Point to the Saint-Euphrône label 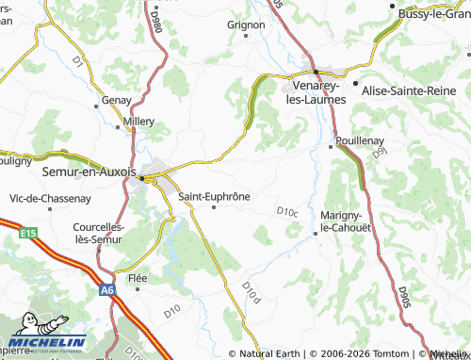click(x=214, y=196)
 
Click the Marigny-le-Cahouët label click(x=348, y=221)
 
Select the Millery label click(x=138, y=123)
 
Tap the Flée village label click(x=138, y=278)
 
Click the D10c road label click(x=287, y=212)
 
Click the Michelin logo click(x=46, y=343)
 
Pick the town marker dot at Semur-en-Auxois click(x=142, y=177)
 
